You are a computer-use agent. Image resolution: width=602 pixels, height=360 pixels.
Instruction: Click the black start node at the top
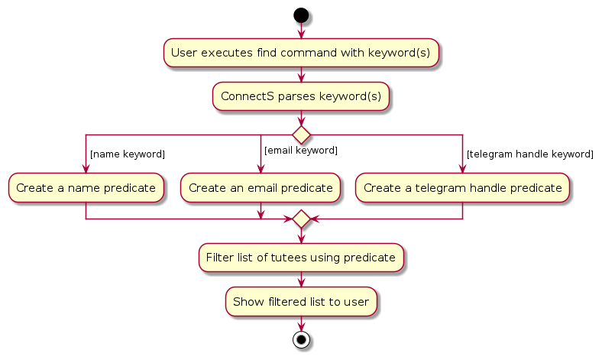pyautogui.click(x=301, y=15)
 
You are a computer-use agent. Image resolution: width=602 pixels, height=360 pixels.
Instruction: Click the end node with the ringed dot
pyautogui.click(x=301, y=340)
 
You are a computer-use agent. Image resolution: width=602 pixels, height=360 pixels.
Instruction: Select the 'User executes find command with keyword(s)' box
pyautogui.click(x=301, y=53)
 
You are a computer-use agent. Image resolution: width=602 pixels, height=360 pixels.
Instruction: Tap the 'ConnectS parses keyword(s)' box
pyautogui.click(x=301, y=97)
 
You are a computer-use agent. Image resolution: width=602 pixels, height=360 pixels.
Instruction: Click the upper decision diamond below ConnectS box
pyautogui.click(x=301, y=135)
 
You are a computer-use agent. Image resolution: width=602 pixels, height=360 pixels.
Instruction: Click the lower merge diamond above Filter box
pyautogui.click(x=301, y=219)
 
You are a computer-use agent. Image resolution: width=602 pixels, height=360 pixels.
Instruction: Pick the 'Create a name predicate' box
pyautogui.click(x=86, y=187)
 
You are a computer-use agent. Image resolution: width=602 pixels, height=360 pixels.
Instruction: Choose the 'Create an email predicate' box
pyautogui.click(x=261, y=187)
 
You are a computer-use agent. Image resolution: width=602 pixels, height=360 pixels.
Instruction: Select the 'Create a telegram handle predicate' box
pyautogui.click(x=462, y=187)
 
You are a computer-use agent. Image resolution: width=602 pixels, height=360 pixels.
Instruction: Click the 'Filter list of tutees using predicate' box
pyautogui.click(x=301, y=258)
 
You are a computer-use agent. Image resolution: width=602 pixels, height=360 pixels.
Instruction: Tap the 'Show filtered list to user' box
pyautogui.click(x=301, y=301)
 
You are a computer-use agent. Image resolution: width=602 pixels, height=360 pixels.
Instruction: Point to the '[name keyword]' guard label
pyautogui.click(x=127, y=154)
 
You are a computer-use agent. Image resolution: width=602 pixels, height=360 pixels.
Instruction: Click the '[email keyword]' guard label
pyautogui.click(x=300, y=150)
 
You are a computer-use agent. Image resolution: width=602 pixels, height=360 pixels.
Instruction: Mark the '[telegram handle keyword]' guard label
pyautogui.click(x=529, y=154)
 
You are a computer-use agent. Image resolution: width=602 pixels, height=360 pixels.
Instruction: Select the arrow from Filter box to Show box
pyautogui.click(x=301, y=279)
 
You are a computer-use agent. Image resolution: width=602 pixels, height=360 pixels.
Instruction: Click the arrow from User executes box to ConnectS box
pyautogui.click(x=301, y=75)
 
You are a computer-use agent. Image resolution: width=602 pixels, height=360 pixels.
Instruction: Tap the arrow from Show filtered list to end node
pyautogui.click(x=301, y=323)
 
